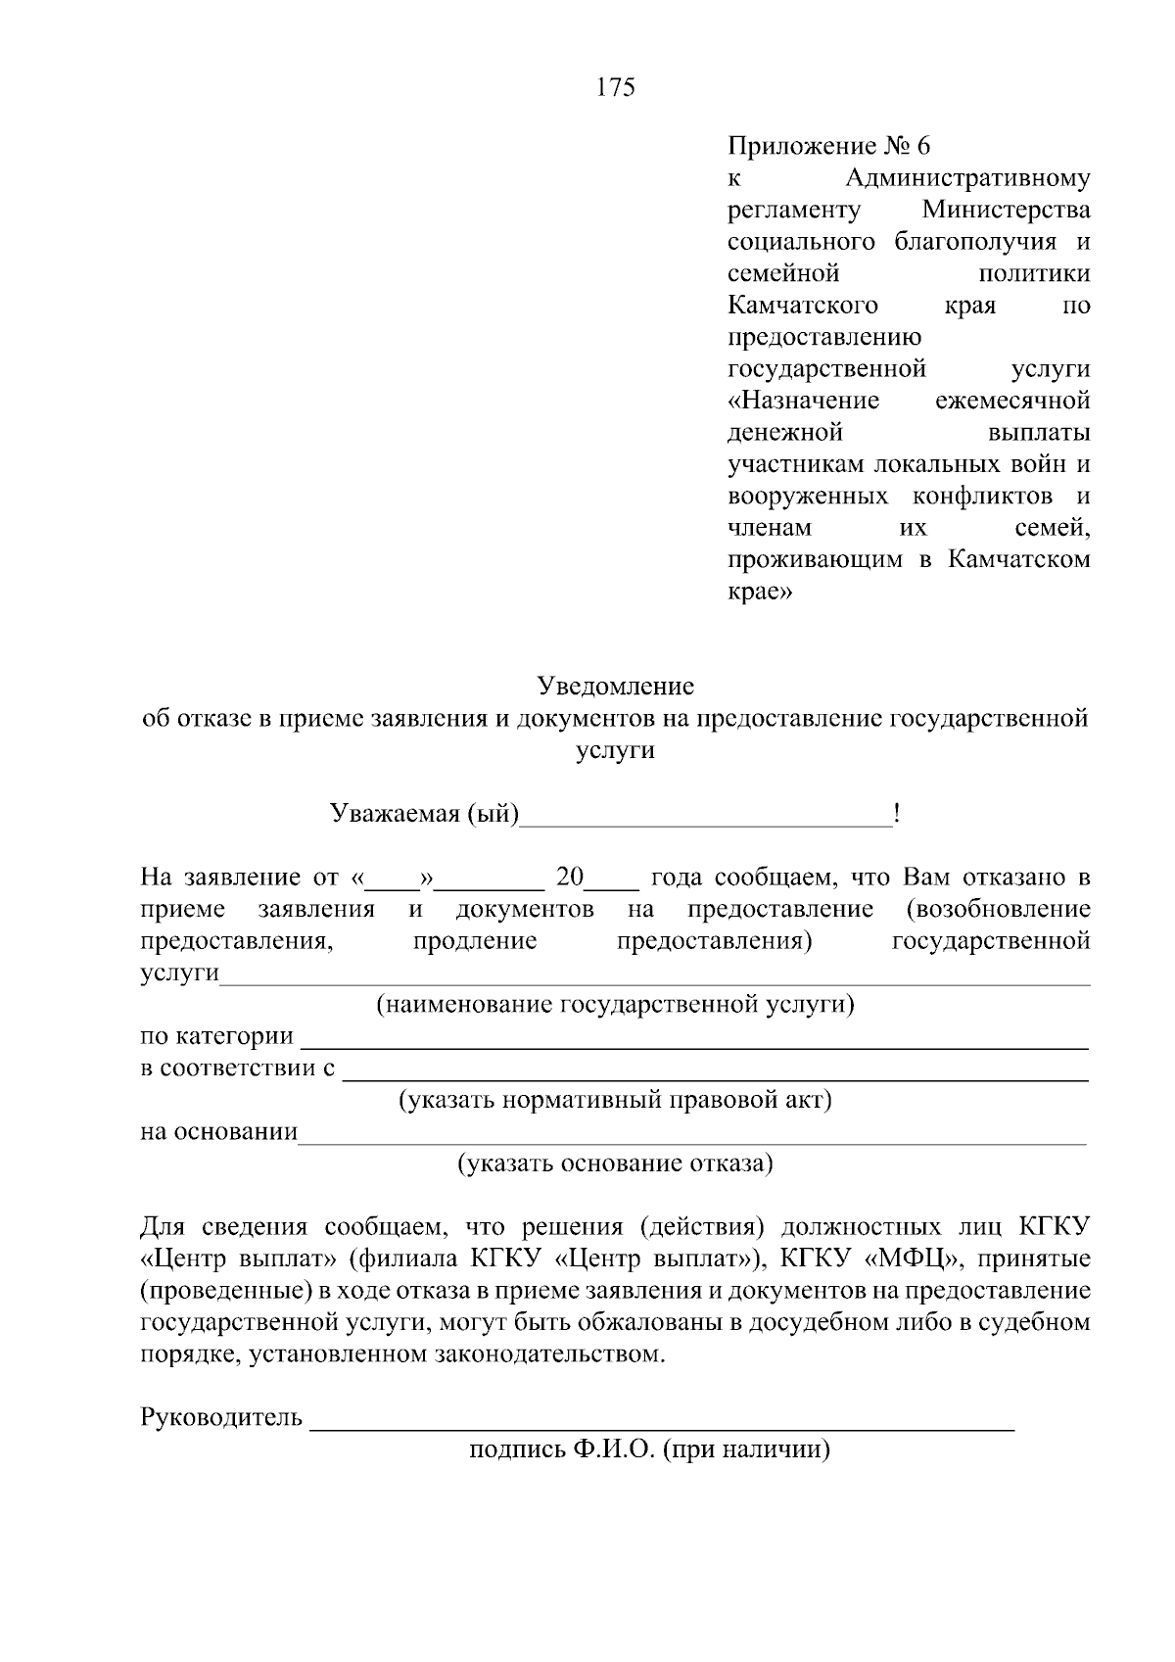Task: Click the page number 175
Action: coord(616,88)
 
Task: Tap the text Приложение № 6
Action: coord(828,147)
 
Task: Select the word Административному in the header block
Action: coord(967,178)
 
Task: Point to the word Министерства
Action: coord(1006,211)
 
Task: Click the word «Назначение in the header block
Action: coord(804,401)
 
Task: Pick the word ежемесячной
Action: coord(1012,401)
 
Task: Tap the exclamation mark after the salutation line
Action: coord(897,814)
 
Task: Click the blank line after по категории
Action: coord(693,1046)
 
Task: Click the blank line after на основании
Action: coord(691,1141)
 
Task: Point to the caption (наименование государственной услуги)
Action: coord(616,1005)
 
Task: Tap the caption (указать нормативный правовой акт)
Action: coord(615,1100)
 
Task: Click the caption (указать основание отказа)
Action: coord(616,1163)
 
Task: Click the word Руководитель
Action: coord(222,1418)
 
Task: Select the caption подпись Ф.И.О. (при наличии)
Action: coord(649,1449)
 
